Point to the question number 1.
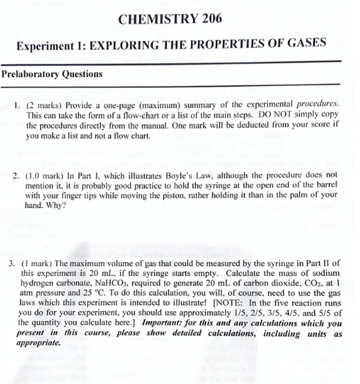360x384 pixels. tap(17, 101)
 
